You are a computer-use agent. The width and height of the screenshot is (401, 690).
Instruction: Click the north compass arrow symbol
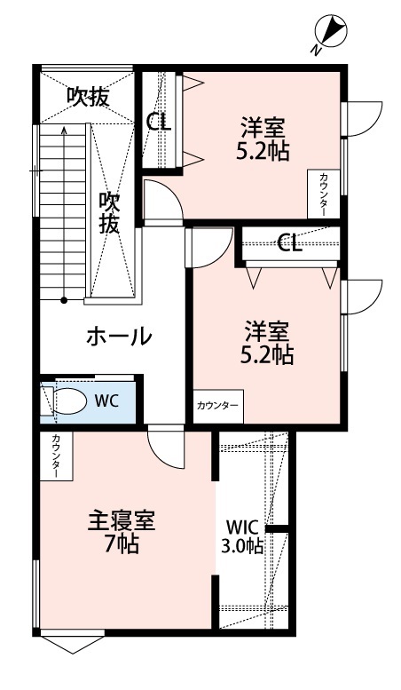click(331, 33)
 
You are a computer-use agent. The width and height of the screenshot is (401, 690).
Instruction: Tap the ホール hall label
click(118, 337)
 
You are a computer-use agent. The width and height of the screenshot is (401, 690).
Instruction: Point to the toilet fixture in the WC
click(70, 400)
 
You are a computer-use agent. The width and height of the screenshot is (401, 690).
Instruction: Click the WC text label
click(106, 400)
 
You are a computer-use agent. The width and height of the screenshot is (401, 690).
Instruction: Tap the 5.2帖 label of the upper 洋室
click(262, 151)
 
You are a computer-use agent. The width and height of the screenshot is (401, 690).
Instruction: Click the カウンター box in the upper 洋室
click(321, 194)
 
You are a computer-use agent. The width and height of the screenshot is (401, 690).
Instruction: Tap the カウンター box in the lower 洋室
click(217, 406)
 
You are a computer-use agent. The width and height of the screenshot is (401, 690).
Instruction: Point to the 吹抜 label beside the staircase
click(109, 213)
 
